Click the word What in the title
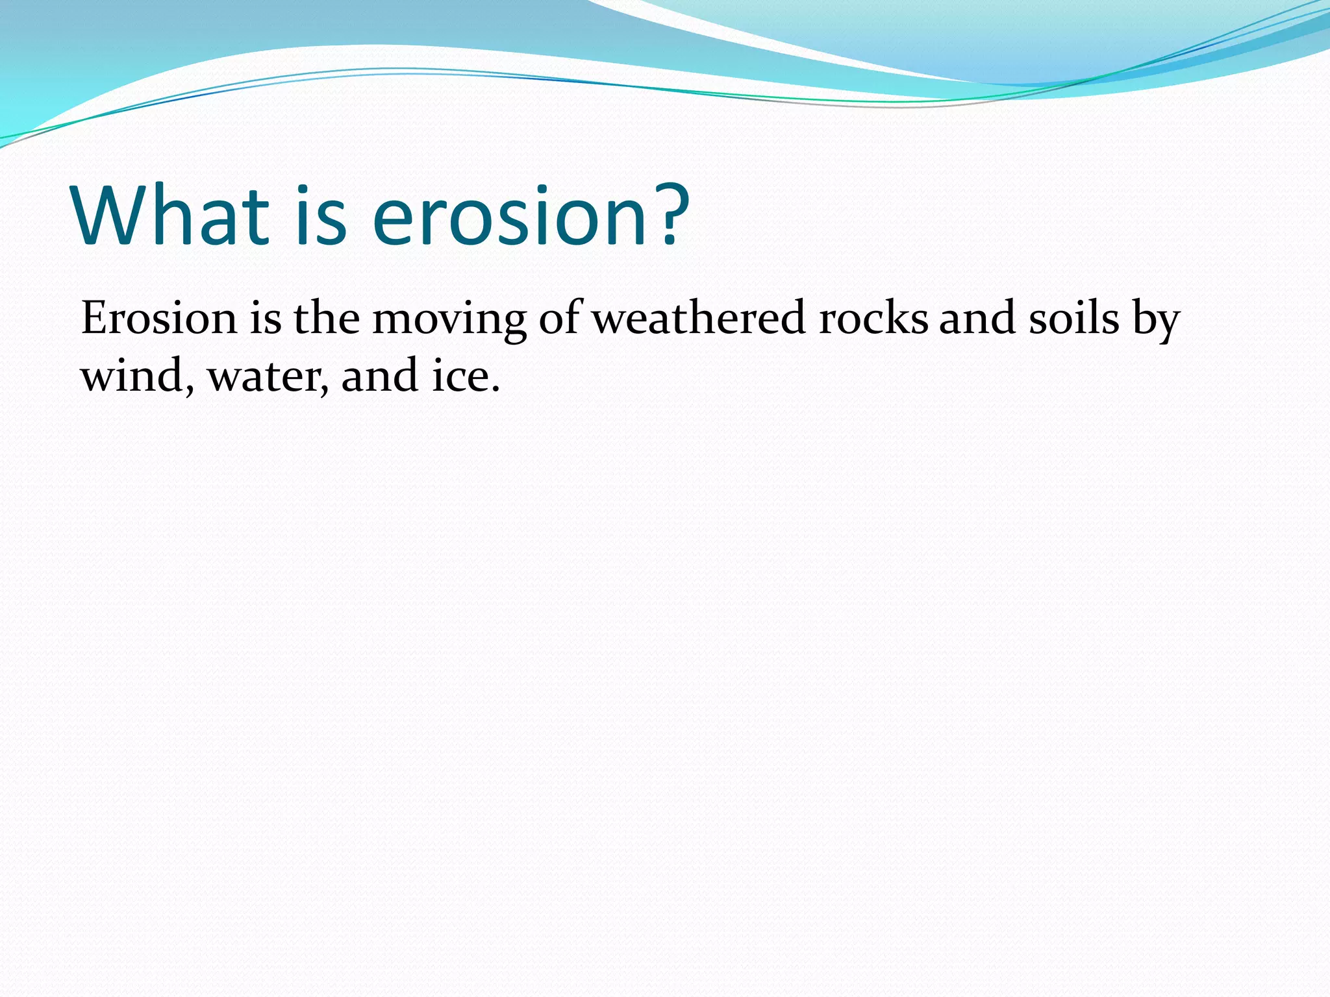click(x=170, y=215)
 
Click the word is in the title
click(x=321, y=215)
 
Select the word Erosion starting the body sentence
click(x=159, y=319)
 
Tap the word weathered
click(x=699, y=319)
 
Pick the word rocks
click(x=873, y=319)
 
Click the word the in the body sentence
click(x=327, y=319)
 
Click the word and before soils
click(x=977, y=319)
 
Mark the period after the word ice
click(x=496, y=390)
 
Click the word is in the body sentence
click(x=266, y=319)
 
